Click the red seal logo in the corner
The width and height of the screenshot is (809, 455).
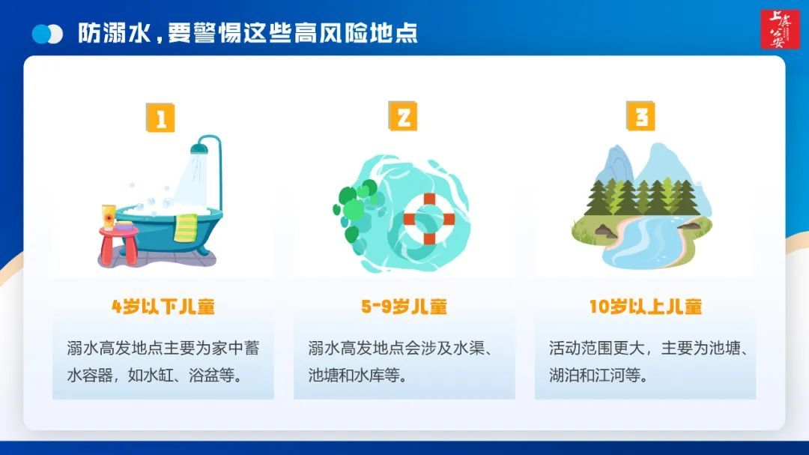coord(780,29)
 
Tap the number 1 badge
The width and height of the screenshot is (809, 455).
coord(160,118)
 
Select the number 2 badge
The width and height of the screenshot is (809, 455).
coord(402,117)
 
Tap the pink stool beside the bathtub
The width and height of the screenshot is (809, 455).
coord(119,243)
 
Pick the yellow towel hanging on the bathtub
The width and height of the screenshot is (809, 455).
coord(185,227)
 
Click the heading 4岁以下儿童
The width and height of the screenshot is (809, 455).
coord(163,307)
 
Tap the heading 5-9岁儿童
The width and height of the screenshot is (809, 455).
coord(404,307)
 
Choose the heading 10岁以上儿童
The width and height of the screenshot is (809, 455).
coord(645,307)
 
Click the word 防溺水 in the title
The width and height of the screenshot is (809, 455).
coord(102,34)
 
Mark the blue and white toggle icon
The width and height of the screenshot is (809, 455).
coord(47,34)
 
